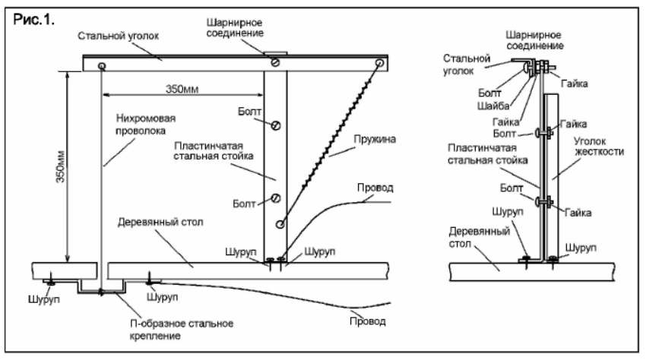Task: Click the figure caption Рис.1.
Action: [33, 19]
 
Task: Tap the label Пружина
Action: [375, 139]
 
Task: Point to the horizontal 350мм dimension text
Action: [182, 89]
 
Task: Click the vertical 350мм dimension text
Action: [61, 166]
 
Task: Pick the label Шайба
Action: [493, 106]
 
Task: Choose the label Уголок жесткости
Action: [598, 147]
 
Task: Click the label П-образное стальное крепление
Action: [182, 330]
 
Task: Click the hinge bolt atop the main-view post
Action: [275, 62]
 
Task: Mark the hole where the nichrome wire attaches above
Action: [101, 66]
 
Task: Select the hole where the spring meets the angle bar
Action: [379, 63]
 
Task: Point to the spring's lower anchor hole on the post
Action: [280, 225]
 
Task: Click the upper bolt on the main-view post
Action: [276, 125]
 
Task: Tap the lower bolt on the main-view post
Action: [276, 198]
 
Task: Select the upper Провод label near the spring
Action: [375, 188]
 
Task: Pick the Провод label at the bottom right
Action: [368, 321]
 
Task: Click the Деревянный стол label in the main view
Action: [160, 223]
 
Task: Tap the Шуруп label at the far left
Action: [43, 299]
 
